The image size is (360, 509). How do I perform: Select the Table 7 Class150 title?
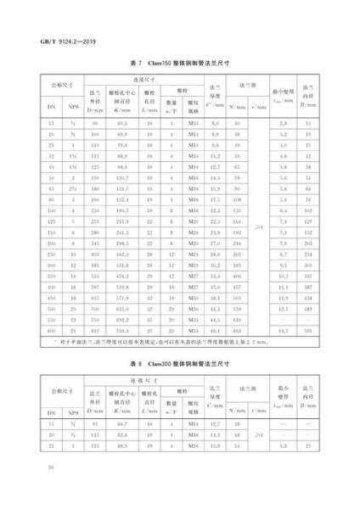click(x=179, y=64)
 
